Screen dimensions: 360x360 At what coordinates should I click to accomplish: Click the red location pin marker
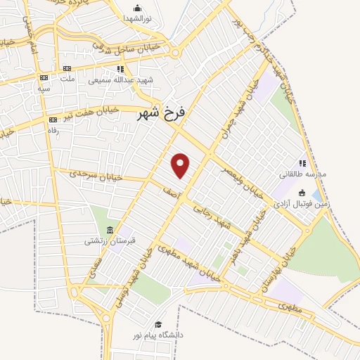coord(181,165)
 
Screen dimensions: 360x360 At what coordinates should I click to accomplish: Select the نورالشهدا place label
coord(139,18)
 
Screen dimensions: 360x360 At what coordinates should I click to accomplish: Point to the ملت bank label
coord(67,78)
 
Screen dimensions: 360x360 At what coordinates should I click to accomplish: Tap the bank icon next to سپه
coord(44,77)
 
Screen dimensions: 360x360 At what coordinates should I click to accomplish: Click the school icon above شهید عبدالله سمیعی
coord(120,69)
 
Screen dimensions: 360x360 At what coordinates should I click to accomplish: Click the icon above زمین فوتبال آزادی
coord(302,193)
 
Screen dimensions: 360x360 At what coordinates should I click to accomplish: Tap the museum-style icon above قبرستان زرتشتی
coord(110,230)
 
